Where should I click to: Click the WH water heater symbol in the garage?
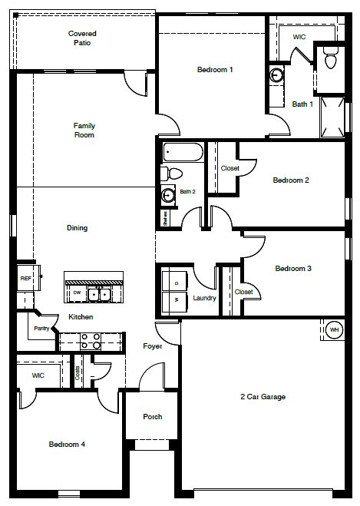point(334,330)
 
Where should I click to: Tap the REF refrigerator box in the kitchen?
point(25,279)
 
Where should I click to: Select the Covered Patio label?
point(82,38)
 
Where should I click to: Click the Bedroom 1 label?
point(215,70)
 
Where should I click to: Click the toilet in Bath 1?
point(331,57)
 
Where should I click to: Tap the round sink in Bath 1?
point(276,75)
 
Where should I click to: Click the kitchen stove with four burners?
point(91,340)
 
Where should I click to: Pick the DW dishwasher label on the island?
point(77,293)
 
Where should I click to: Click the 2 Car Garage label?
point(263,397)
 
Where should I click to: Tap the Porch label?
point(153,417)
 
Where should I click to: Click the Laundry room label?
point(204,298)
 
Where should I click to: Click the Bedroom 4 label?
point(67,445)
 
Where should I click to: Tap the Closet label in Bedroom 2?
point(230,168)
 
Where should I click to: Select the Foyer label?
point(152,346)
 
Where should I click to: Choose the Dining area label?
point(77,228)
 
